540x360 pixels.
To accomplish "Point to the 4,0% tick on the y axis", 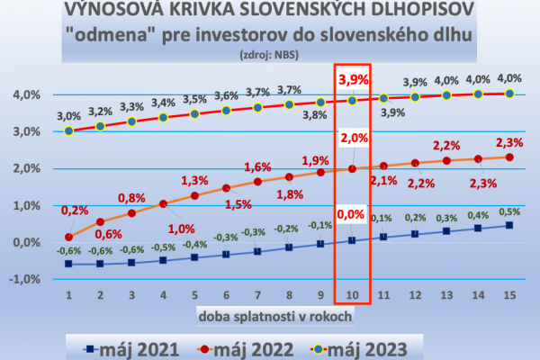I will pos(26,94).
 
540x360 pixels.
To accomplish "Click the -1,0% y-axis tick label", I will pos(24,279).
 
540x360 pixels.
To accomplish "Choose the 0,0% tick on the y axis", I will pos(26,242).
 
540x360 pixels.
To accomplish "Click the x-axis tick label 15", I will pos(509,293).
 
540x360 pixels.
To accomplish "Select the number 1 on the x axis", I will pos(68,293).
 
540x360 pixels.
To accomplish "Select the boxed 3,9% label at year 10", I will pos(352,78).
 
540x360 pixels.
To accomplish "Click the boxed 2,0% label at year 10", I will pos(352,138).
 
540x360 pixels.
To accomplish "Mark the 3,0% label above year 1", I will pos(68,115).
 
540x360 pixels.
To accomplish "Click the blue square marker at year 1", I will pos(68,265).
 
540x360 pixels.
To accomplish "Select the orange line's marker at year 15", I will pos(509,157).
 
